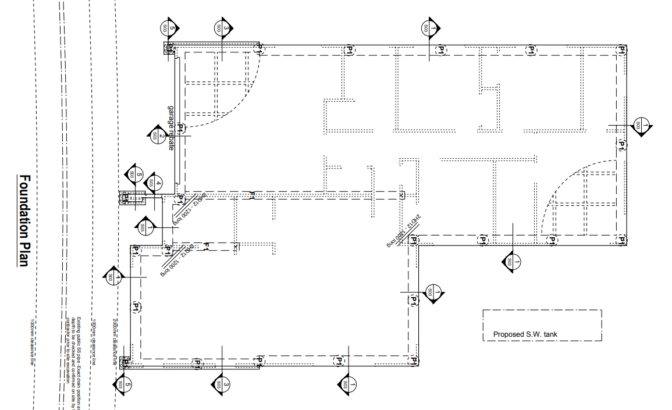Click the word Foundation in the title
(24, 206)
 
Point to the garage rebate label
(172, 128)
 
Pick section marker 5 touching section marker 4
(135, 174)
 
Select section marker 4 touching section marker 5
(153, 182)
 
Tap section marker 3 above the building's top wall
(222, 27)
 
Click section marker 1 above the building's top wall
(429, 27)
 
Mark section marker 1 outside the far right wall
(640, 125)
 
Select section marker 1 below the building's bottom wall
(347, 384)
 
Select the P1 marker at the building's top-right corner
(621, 51)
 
